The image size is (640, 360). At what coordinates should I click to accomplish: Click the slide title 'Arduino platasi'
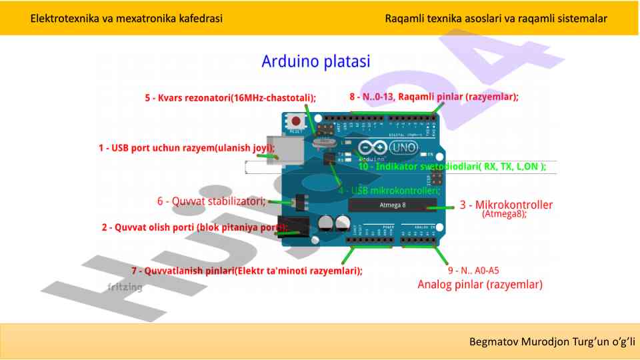pyautogui.click(x=315, y=62)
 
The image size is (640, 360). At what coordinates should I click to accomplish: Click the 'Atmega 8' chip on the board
pyautogui.click(x=392, y=205)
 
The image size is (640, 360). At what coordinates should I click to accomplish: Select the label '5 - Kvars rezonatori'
pyautogui.click(x=230, y=98)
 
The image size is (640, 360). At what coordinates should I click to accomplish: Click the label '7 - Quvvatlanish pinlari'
pyautogui.click(x=247, y=271)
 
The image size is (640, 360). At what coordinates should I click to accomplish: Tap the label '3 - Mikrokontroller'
pyautogui.click(x=506, y=205)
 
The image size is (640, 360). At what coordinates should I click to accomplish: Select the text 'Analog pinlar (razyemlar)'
pyautogui.click(x=480, y=285)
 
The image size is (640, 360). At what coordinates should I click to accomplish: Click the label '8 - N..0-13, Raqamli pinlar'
pyautogui.click(x=433, y=97)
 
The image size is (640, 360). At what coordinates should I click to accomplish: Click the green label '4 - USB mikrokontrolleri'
pyautogui.click(x=385, y=191)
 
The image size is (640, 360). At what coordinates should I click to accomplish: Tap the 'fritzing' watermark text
pyautogui.click(x=125, y=287)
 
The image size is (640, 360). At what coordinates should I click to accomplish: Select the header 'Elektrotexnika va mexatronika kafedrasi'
pyautogui.click(x=127, y=18)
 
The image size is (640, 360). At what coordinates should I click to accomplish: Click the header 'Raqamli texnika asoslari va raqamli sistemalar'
pyautogui.click(x=496, y=18)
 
